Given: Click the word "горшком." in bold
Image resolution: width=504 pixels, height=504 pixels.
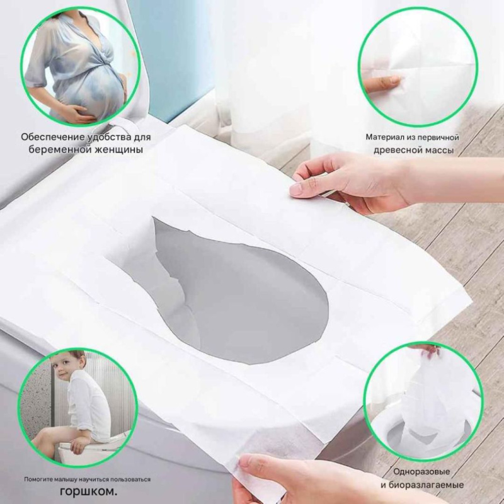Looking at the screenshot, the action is [88, 491].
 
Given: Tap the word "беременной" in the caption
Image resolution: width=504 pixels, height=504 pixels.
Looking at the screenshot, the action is [58, 150].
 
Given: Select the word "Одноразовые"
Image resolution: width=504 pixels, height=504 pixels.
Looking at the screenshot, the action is [421, 471].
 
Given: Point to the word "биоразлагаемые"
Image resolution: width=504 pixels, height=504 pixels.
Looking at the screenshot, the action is [426, 484].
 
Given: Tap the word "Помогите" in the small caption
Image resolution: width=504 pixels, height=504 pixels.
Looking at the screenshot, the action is [37, 479].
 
